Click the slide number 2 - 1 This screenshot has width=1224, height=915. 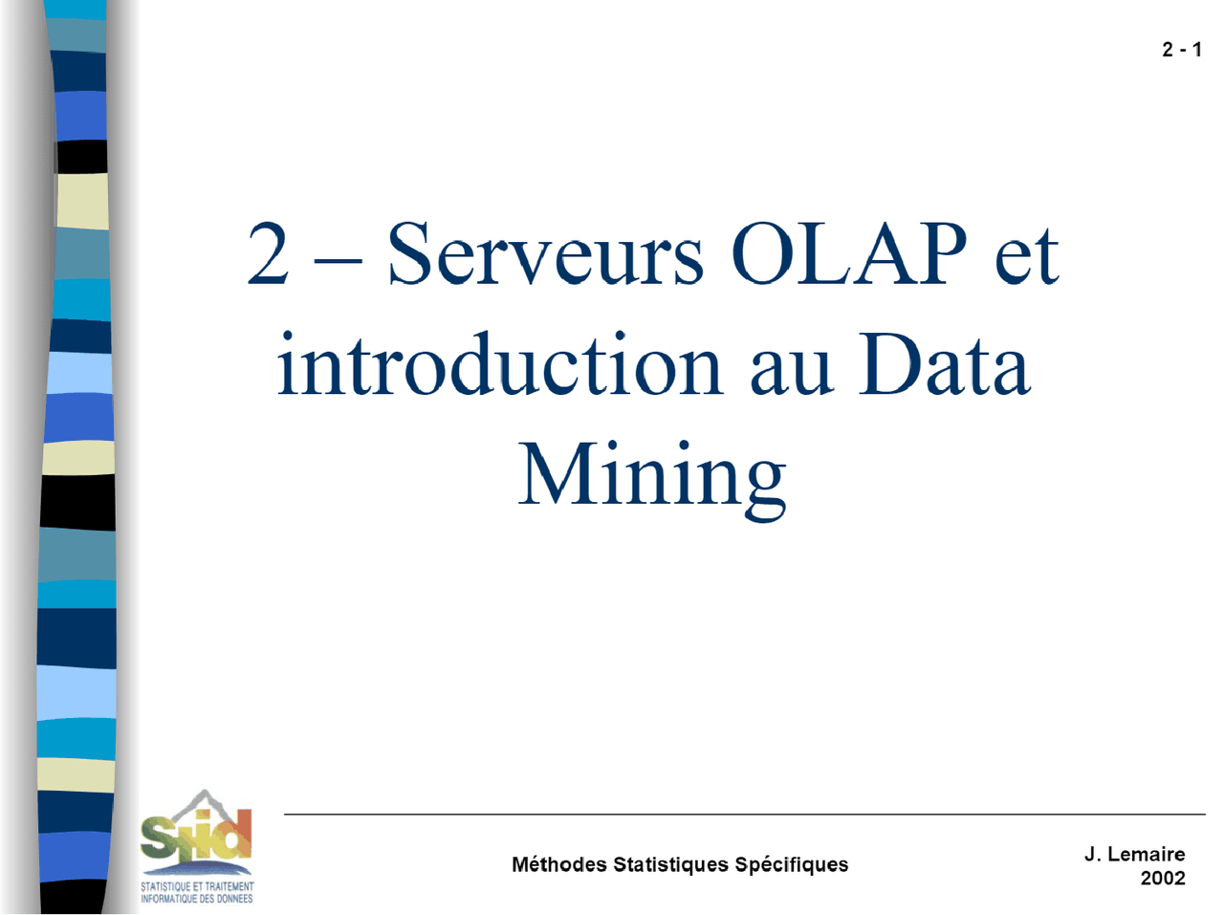click(1181, 50)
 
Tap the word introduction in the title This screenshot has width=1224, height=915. click(499, 365)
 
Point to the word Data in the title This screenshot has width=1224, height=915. click(944, 365)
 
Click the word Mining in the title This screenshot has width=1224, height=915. click(652, 476)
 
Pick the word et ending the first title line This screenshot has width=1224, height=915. click(1026, 256)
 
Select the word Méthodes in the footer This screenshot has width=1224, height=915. click(559, 864)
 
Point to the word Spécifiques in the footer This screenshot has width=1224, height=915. click(791, 865)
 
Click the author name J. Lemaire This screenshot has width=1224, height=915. click(1134, 854)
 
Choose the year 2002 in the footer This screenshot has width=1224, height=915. click(1162, 878)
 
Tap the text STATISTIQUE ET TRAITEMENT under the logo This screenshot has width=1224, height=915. click(197, 886)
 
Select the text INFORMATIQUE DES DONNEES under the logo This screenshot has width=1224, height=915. click(197, 899)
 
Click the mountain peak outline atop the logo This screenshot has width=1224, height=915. click(202, 796)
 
